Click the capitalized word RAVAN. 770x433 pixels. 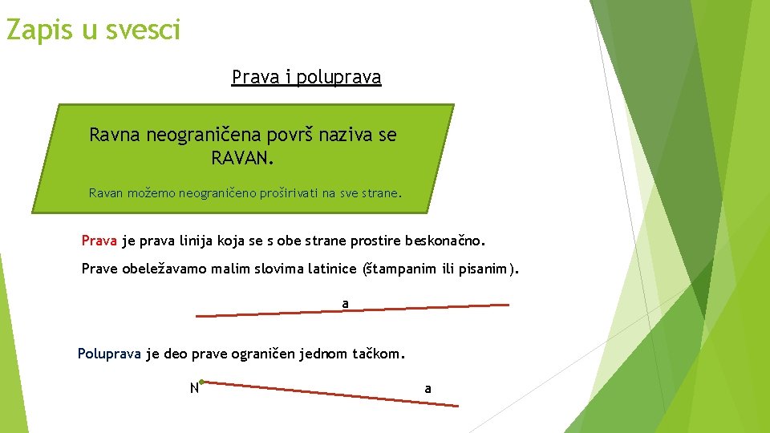coord(242,158)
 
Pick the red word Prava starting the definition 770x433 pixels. coord(99,241)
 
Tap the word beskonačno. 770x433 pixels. coord(445,241)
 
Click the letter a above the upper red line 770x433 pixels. coord(346,303)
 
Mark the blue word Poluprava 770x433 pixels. coord(109,353)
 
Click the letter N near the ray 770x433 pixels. coord(193,389)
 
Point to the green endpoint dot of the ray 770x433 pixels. coord(202,382)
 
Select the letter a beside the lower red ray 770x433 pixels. coord(428,388)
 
